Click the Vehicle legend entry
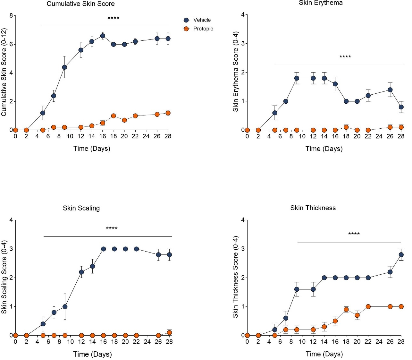pyautogui.click(x=202, y=20)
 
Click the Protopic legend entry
pyautogui.click(x=203, y=29)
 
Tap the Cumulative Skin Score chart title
pyautogui.click(x=80, y=4)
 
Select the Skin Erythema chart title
pyautogui.click(x=321, y=3)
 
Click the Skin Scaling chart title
pyautogui.click(x=81, y=208)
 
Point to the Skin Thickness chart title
pyautogui.click(x=313, y=208)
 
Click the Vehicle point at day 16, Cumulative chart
pyautogui.click(x=103, y=36)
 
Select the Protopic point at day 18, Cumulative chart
pyautogui.click(x=114, y=116)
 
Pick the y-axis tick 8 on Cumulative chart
pyautogui.click(x=11, y=16)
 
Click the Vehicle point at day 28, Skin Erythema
pyautogui.click(x=401, y=107)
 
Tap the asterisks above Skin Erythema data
pyautogui.click(x=345, y=57)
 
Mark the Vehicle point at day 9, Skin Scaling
pyautogui.click(x=65, y=306)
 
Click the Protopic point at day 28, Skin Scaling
pyautogui.click(x=169, y=332)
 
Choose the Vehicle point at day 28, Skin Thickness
pyautogui.click(x=401, y=255)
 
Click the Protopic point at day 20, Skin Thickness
pyautogui.click(x=357, y=315)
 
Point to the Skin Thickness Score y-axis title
pyautogui.click(x=235, y=277)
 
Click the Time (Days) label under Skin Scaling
pyautogui.click(x=92, y=354)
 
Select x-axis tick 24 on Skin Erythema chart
pyautogui.click(x=379, y=136)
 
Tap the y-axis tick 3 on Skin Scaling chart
pyautogui.click(x=11, y=249)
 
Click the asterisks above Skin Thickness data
pyautogui.click(x=354, y=234)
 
